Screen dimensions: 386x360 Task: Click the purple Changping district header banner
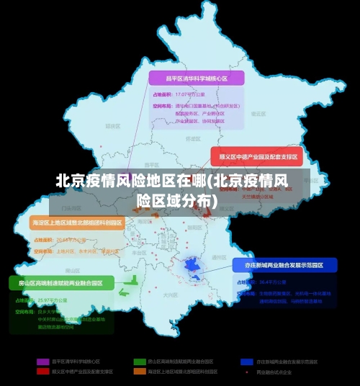click(197, 78)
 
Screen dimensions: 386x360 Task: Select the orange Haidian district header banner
click(77, 223)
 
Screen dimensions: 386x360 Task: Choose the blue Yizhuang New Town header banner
click(285, 266)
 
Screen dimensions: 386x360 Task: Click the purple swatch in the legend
click(43, 362)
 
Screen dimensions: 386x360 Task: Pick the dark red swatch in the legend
click(43, 372)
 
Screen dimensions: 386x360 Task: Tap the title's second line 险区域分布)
click(176, 199)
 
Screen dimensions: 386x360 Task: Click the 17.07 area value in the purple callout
click(185, 94)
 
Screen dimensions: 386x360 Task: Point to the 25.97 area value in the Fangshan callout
click(45, 300)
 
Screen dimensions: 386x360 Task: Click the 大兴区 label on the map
click(169, 295)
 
